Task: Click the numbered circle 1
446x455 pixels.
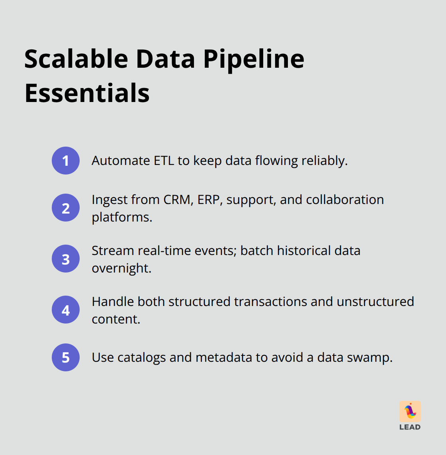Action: [x=66, y=161]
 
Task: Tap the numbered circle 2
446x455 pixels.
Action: [x=66, y=208]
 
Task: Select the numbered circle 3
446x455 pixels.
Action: [x=66, y=259]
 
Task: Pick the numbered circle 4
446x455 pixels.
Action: [x=66, y=310]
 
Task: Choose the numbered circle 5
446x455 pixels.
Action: [x=66, y=357]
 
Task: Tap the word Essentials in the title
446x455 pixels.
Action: [x=87, y=93]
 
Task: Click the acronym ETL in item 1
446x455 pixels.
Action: [x=164, y=161]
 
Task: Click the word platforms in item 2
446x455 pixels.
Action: [x=121, y=218]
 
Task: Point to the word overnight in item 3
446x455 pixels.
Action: [x=121, y=268]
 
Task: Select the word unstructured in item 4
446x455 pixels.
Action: [x=375, y=302]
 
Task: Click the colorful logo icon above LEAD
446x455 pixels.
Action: [x=410, y=411]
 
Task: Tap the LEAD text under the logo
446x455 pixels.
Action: [x=410, y=427]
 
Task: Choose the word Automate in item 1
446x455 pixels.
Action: [x=121, y=161]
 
